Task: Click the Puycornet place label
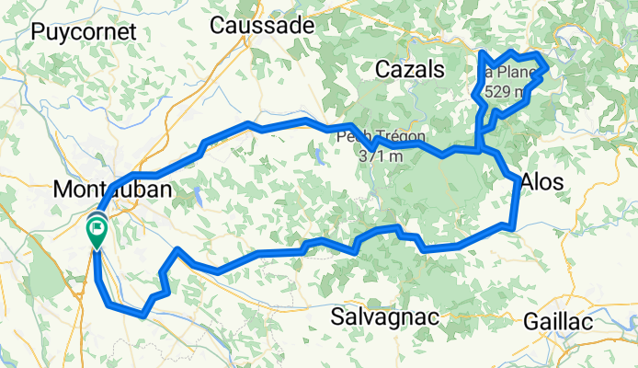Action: tap(84, 31)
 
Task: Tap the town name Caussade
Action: tap(262, 26)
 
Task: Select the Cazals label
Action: tap(409, 69)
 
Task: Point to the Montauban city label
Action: tap(113, 190)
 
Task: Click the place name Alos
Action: tap(542, 182)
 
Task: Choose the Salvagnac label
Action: tap(385, 317)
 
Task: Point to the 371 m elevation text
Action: tap(381, 156)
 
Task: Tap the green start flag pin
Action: tap(97, 231)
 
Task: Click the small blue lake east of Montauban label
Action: tap(197, 194)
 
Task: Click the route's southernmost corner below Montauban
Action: tap(143, 316)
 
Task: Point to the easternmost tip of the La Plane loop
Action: tap(549, 66)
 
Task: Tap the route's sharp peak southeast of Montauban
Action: tap(177, 249)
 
